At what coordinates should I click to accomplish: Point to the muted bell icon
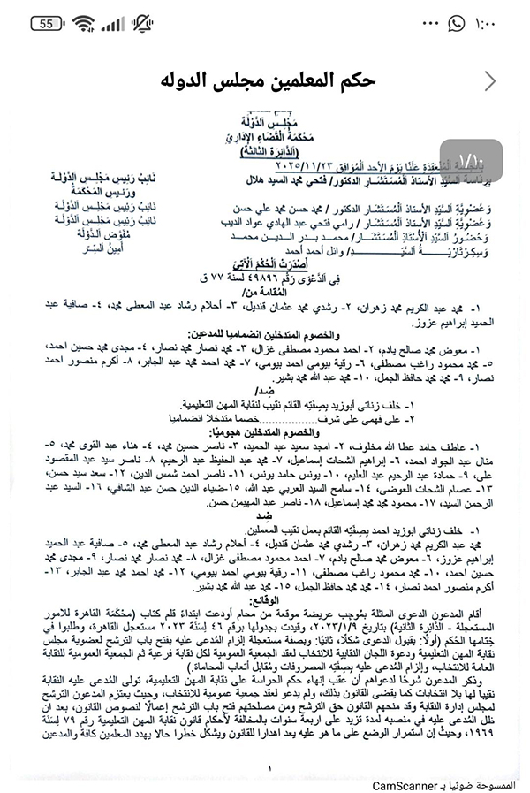coord(140,24)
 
